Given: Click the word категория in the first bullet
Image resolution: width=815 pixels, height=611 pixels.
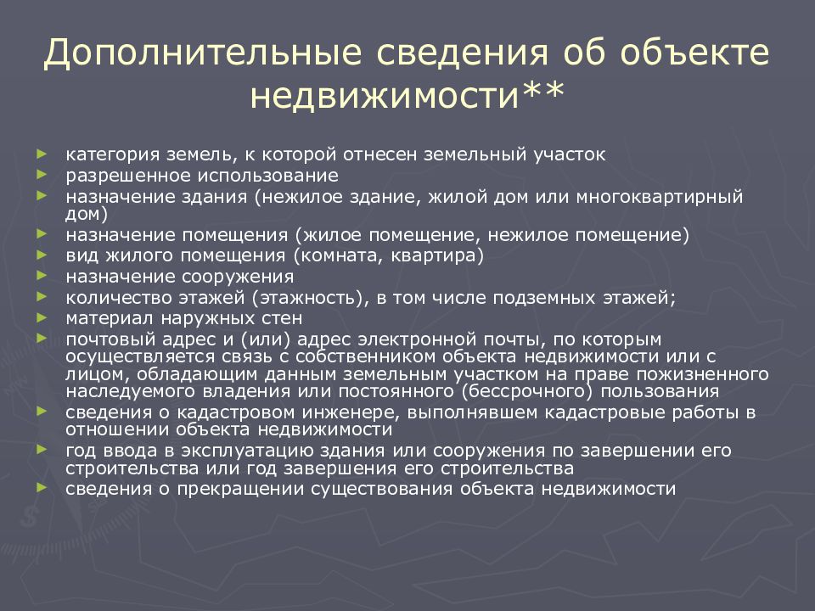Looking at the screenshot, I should [109, 155].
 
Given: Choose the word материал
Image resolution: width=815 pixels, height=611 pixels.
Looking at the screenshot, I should [105, 318].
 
